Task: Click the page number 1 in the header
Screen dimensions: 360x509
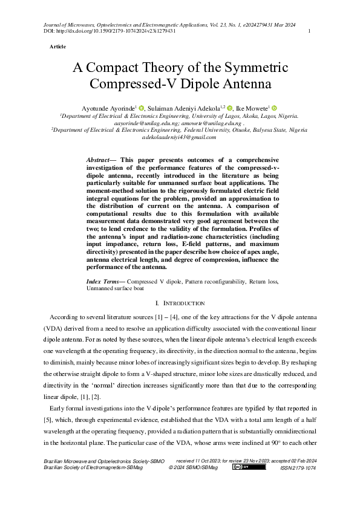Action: coord(309,31)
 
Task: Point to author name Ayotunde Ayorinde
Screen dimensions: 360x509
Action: coord(110,107)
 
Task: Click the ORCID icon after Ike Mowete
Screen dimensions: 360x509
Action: coord(273,107)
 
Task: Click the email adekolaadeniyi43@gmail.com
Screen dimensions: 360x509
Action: coord(179,137)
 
